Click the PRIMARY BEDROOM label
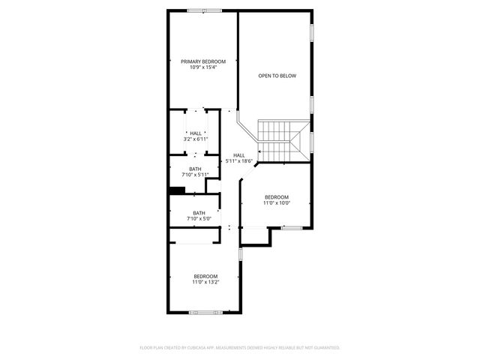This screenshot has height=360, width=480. pyautogui.click(x=202, y=61)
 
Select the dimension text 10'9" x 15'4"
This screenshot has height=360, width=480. pyautogui.click(x=202, y=67)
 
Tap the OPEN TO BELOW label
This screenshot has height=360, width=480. pyautogui.click(x=277, y=76)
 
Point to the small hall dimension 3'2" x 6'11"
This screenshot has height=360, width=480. pyautogui.click(x=195, y=139)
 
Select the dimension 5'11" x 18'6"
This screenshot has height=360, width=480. pyautogui.click(x=238, y=161)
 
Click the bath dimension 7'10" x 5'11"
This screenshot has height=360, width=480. pyautogui.click(x=195, y=175)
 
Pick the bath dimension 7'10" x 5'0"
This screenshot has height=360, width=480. pyautogui.click(x=199, y=219)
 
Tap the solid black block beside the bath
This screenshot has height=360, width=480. pyautogui.click(x=177, y=190)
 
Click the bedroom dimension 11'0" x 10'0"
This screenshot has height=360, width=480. pyautogui.click(x=276, y=202)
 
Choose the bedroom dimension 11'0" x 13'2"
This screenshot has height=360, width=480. pyautogui.click(x=205, y=282)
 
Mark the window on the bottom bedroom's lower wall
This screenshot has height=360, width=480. pyautogui.click(x=204, y=312)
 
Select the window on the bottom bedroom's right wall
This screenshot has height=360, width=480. pyautogui.click(x=241, y=255)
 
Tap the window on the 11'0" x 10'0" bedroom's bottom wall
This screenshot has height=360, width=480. pyautogui.click(x=292, y=227)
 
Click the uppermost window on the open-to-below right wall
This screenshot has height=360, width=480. pyautogui.click(x=312, y=34)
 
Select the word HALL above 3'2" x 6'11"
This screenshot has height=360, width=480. pyautogui.click(x=195, y=133)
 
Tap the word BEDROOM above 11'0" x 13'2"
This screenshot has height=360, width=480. pyautogui.click(x=205, y=276)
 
